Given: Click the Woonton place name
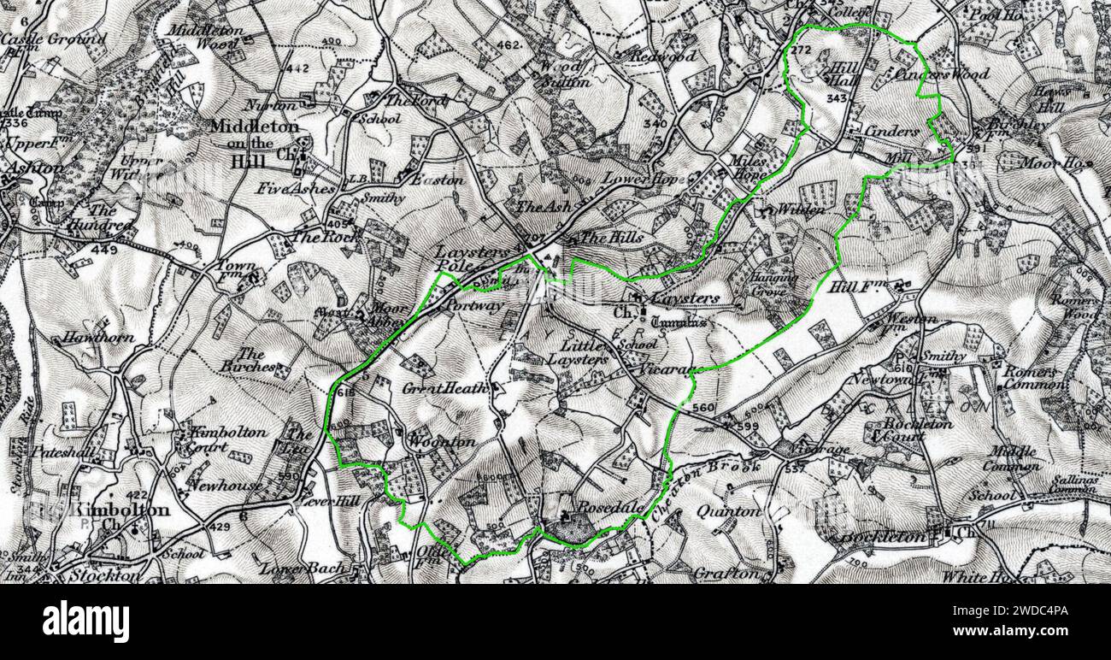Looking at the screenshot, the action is [x=441, y=443].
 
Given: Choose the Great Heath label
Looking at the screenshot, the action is [x=445, y=388].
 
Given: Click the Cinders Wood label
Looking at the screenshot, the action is [x=938, y=74].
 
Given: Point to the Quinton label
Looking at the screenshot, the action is [x=728, y=511].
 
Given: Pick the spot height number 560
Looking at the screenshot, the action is [x=702, y=407].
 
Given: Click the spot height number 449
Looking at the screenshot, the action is [x=103, y=250].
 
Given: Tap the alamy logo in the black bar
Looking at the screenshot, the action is [x=85, y=622].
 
